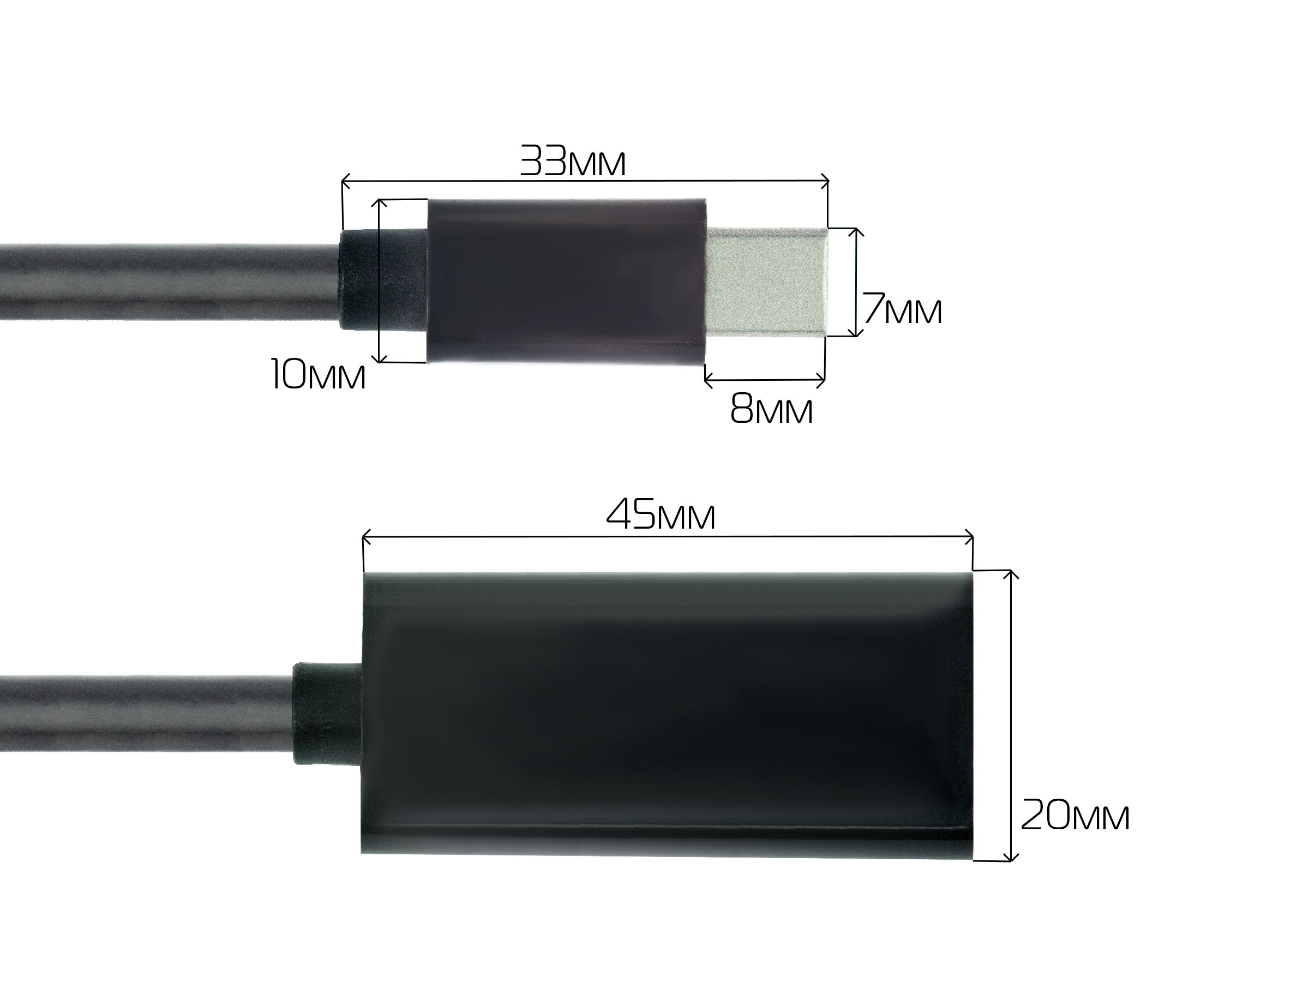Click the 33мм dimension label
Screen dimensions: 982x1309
(x=572, y=161)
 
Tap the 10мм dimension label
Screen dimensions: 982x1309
(x=319, y=375)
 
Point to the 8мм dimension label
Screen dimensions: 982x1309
(x=771, y=409)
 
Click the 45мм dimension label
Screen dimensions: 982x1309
(x=660, y=514)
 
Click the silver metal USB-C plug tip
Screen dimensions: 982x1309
(x=766, y=282)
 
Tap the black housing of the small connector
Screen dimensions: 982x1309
(x=566, y=280)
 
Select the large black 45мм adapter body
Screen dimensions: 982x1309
(x=667, y=713)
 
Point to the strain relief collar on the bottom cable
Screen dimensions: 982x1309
(x=327, y=714)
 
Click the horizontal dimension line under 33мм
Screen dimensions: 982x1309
(x=585, y=181)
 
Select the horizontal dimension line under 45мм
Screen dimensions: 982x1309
(x=667, y=537)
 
